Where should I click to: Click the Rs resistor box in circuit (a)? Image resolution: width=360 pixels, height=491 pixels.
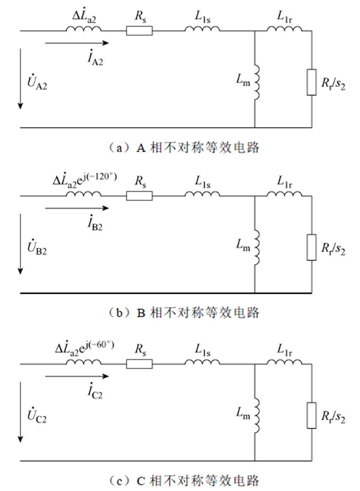pyautogui.click(x=139, y=31)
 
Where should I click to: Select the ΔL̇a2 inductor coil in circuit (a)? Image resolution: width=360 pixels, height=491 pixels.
pyautogui.click(x=83, y=29)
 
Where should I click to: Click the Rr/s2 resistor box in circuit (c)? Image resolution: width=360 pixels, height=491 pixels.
pyautogui.click(x=311, y=415)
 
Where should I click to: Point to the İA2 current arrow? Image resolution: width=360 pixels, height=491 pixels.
pyautogui.click(x=77, y=43)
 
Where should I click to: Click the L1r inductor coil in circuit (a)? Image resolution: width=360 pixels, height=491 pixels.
pyautogui.click(x=284, y=29)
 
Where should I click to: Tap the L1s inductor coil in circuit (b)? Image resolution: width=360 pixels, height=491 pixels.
pyautogui.click(x=202, y=194)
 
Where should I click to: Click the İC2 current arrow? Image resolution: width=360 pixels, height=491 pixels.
pyautogui.click(x=77, y=376)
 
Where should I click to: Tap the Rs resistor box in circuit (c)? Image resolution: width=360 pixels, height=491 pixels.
pyautogui.click(x=139, y=364)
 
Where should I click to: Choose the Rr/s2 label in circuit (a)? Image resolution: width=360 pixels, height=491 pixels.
pyautogui.click(x=333, y=84)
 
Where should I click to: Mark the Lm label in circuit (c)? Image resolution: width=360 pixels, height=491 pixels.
pyautogui.click(x=243, y=413)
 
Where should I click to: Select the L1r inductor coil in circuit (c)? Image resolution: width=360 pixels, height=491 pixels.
pyautogui.click(x=284, y=362)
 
